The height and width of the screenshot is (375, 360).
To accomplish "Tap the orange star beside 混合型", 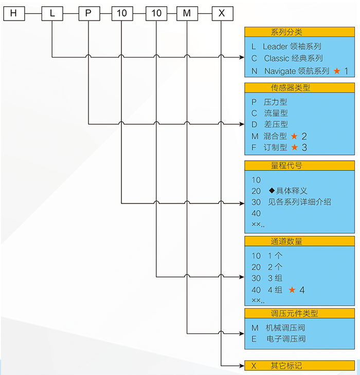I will pos(294,136).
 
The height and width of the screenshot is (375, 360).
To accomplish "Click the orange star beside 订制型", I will pos(294,147).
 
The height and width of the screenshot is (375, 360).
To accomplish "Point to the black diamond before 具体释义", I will pos(272,190).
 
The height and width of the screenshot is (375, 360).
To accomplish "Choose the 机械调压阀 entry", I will pos(289,327).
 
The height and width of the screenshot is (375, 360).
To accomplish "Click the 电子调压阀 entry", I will pos(289,339).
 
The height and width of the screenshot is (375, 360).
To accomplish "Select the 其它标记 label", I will pos(286,366).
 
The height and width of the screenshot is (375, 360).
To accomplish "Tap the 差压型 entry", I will pos(276,124).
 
